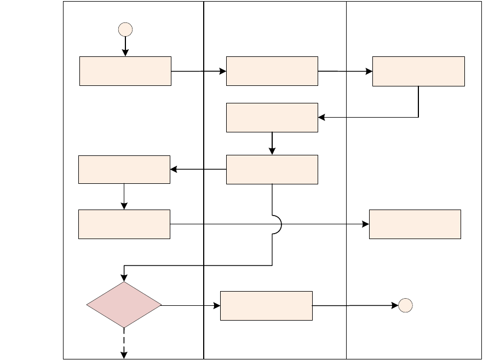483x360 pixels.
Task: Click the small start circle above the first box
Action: (x=125, y=29)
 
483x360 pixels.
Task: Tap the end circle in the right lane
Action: (x=405, y=305)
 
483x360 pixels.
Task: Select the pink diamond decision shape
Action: (x=124, y=305)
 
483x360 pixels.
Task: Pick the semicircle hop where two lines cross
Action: (x=277, y=224)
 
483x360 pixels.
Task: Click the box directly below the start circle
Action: (x=125, y=71)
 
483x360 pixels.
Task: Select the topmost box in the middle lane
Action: (x=272, y=71)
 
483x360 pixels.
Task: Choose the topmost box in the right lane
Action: (x=418, y=71)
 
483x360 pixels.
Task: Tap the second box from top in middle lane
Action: (x=272, y=118)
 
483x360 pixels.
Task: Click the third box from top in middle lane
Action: (x=272, y=170)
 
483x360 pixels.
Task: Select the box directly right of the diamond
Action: (x=266, y=305)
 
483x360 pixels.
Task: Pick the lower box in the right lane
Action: (x=415, y=224)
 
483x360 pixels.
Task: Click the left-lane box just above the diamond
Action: (x=124, y=224)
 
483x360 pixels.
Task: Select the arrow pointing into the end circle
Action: (x=356, y=305)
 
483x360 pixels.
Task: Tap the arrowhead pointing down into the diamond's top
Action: (x=125, y=276)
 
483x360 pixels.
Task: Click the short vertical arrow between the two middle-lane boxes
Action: (x=272, y=143)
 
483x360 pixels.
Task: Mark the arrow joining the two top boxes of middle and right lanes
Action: (x=345, y=71)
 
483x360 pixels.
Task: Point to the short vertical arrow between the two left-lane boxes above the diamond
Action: (x=124, y=196)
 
